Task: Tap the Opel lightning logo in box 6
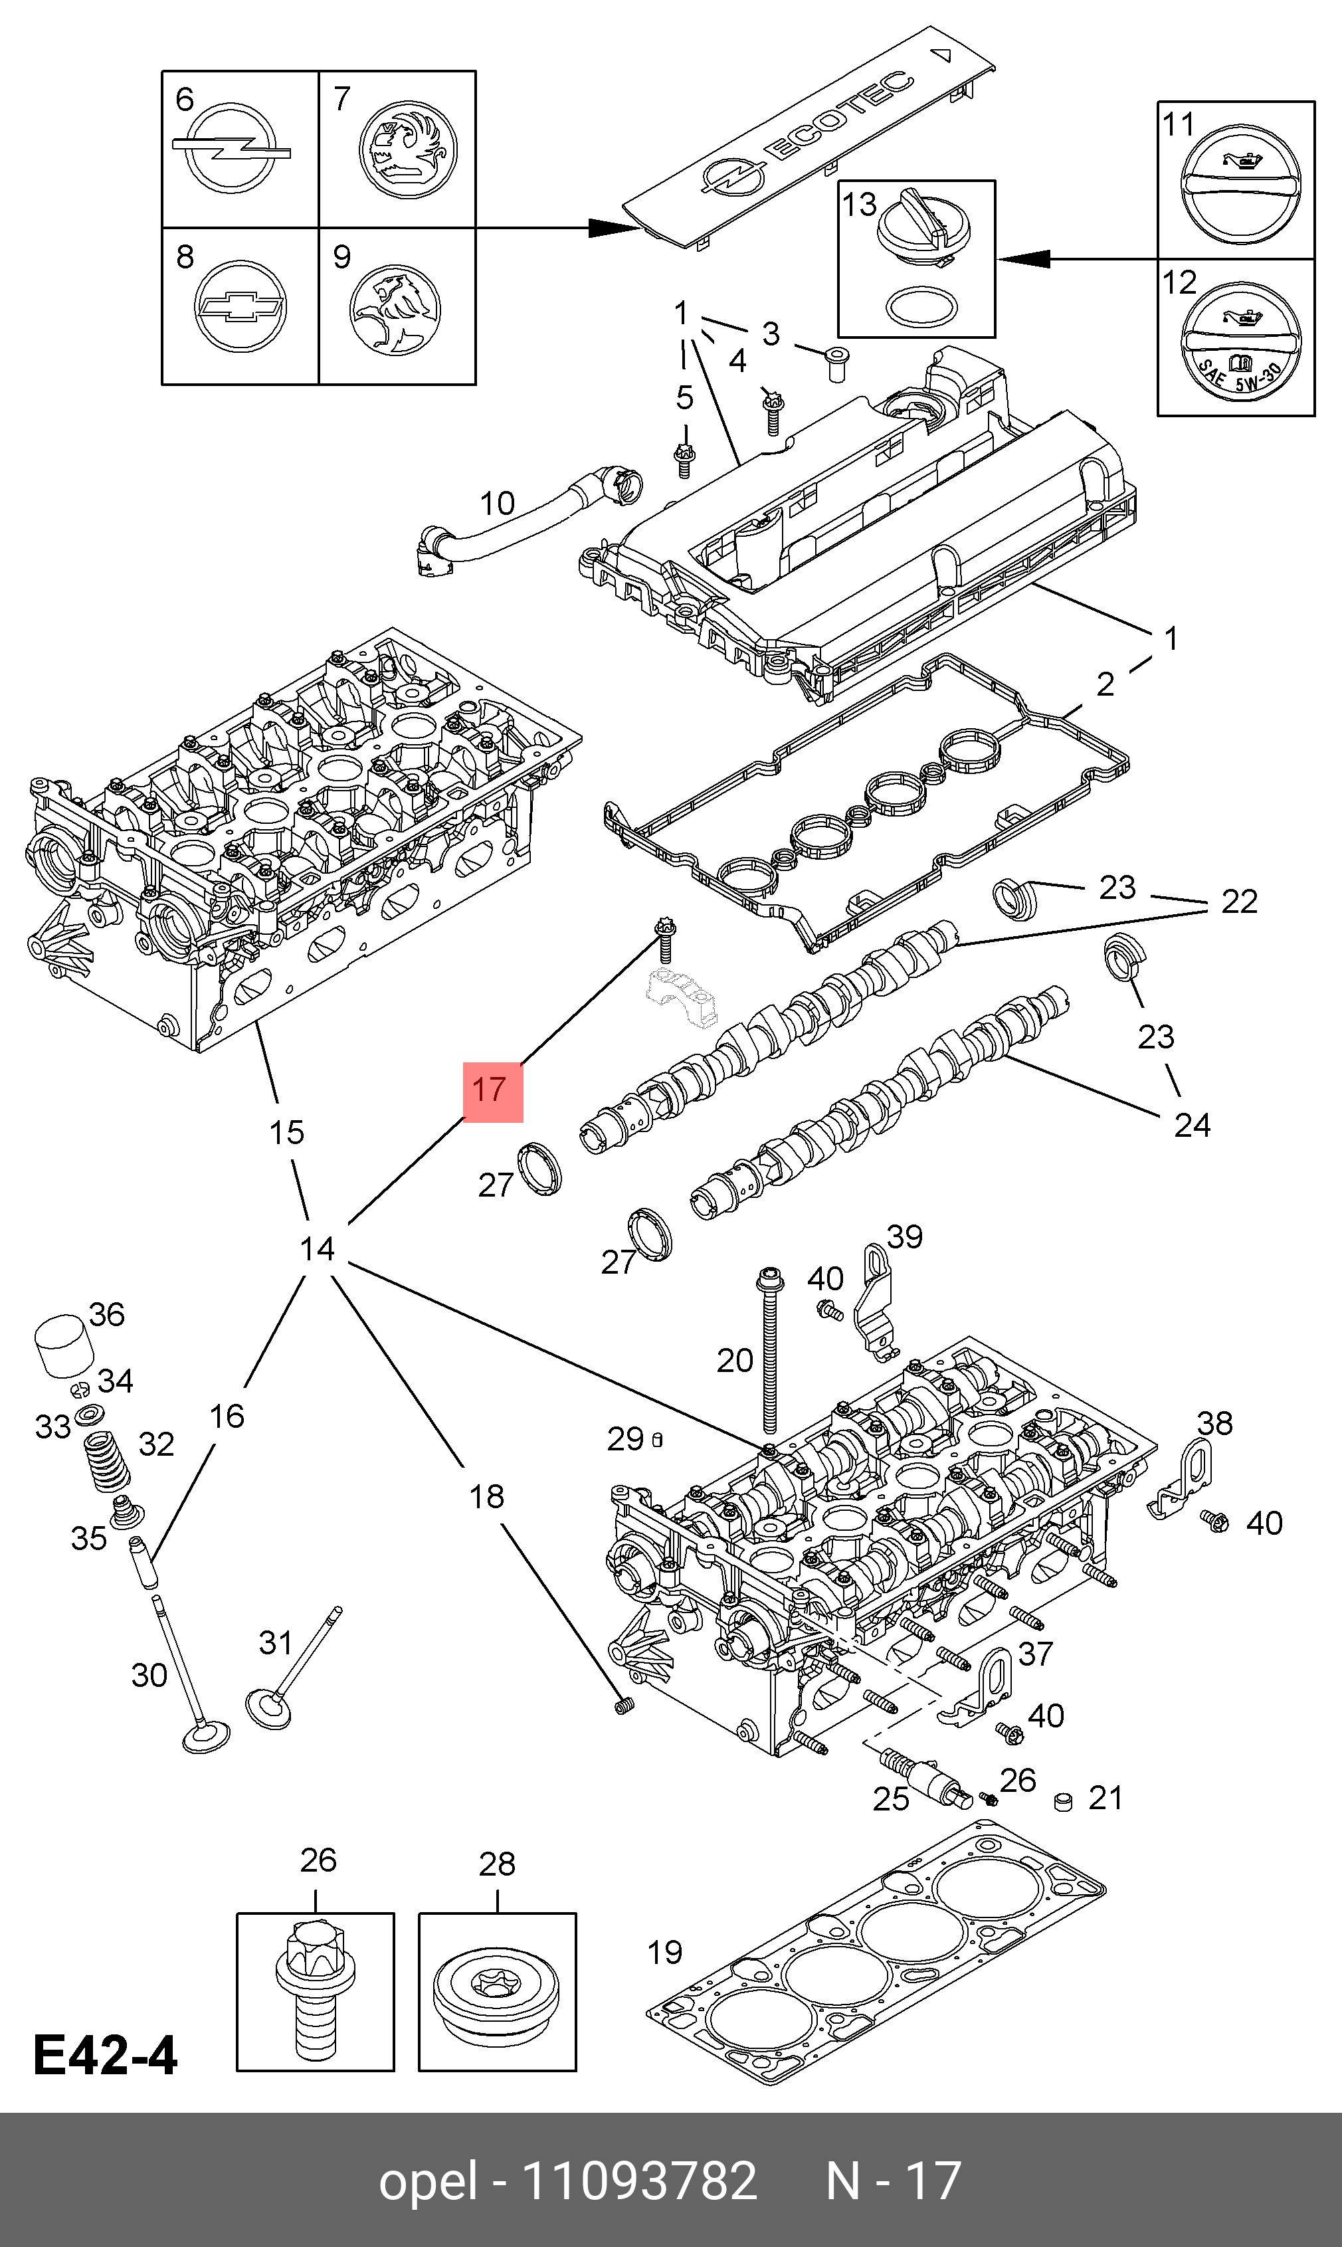[231, 148]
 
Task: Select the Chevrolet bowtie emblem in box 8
[240, 306]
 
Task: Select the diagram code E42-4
[106, 2054]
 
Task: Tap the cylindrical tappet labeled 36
[63, 1346]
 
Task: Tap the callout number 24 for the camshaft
[1192, 1125]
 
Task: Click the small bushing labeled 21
[1064, 1802]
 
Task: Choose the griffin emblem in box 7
[408, 148]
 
